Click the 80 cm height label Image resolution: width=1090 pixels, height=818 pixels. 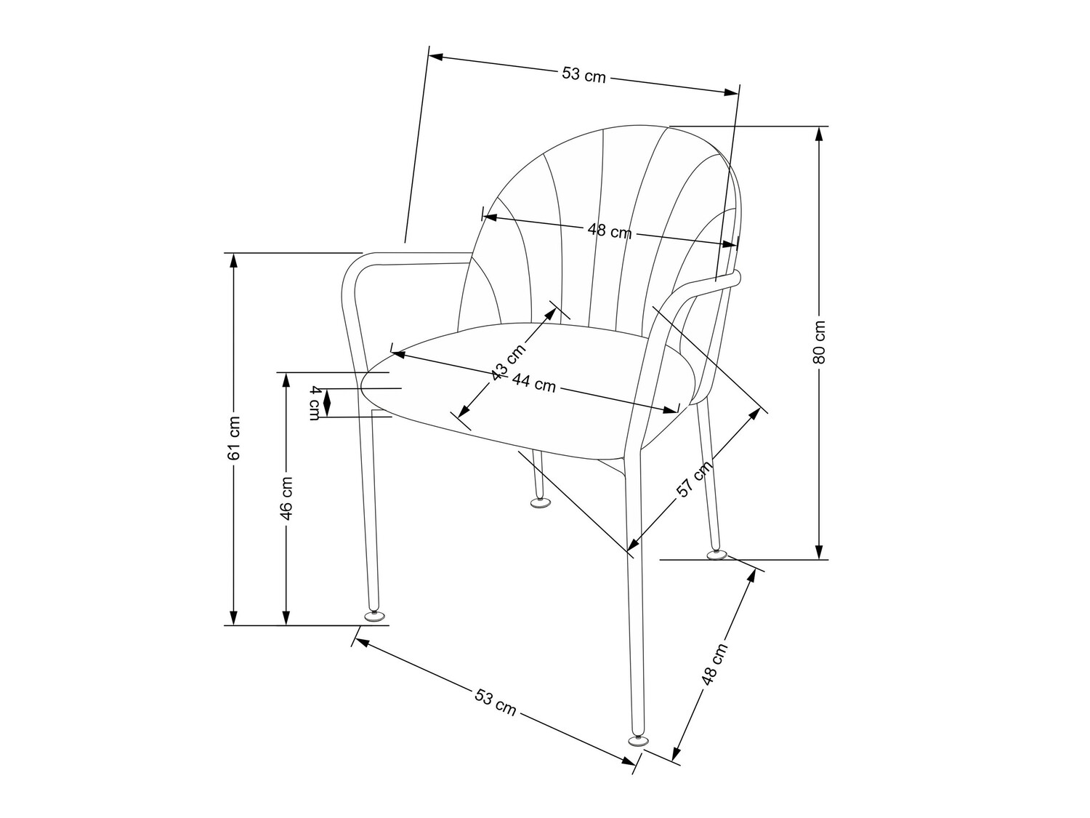(x=820, y=342)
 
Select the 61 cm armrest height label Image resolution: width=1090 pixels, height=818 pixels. (x=233, y=438)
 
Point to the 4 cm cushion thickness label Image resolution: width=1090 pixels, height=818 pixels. (x=315, y=402)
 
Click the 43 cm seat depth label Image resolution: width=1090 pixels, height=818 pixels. (x=508, y=361)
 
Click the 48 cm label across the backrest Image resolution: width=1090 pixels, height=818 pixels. (x=609, y=231)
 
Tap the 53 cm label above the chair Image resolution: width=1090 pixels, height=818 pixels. (x=584, y=74)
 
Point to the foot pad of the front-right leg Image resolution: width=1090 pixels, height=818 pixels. (x=637, y=740)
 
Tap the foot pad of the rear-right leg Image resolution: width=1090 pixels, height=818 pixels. (x=716, y=555)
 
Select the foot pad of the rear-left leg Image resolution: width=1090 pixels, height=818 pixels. (x=539, y=502)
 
